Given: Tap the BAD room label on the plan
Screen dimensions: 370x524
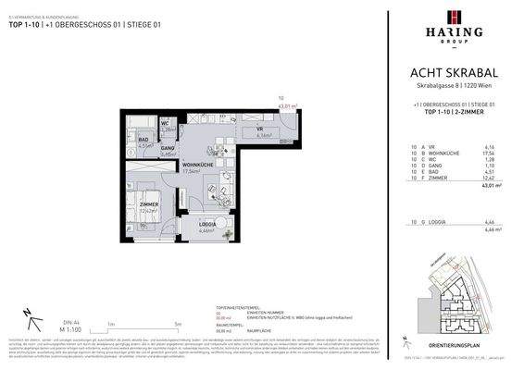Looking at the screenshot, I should [x=145, y=140].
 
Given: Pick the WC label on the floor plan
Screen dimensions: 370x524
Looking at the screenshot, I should [x=165, y=123].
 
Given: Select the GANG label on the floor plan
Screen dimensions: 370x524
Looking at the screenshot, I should [x=168, y=148].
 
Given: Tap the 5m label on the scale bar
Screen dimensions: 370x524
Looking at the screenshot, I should [x=177, y=325].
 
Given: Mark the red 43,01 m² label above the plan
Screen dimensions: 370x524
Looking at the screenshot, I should [x=287, y=106].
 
